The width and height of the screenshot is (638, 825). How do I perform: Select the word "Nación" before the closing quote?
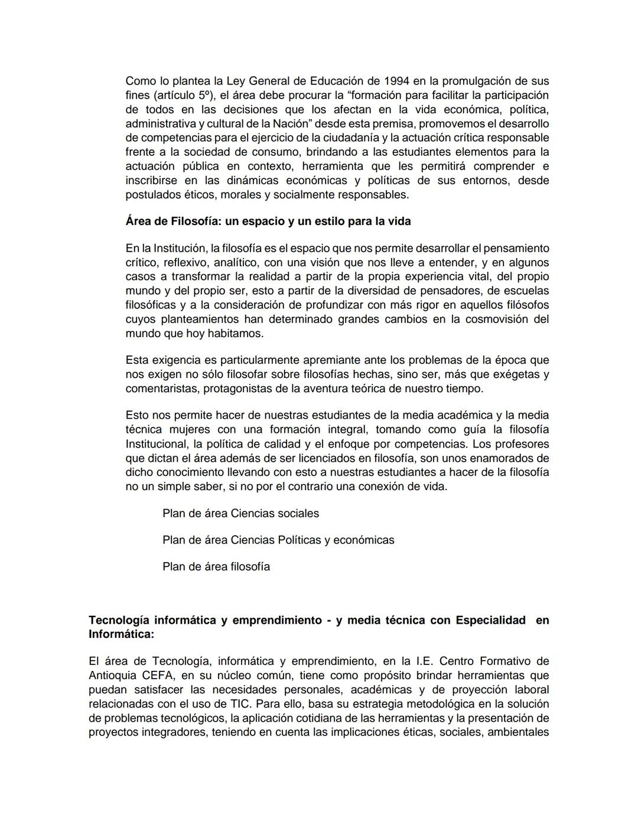coord(289,123)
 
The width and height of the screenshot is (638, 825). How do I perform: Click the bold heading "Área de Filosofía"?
coord(171,221)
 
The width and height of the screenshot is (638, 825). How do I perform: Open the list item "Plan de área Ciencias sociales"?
coord(240,514)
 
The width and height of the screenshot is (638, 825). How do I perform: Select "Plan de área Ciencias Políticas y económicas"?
coord(278,540)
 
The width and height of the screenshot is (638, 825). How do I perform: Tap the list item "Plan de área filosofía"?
coord(216,567)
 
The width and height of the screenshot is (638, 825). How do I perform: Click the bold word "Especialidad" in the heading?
coord(490,620)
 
